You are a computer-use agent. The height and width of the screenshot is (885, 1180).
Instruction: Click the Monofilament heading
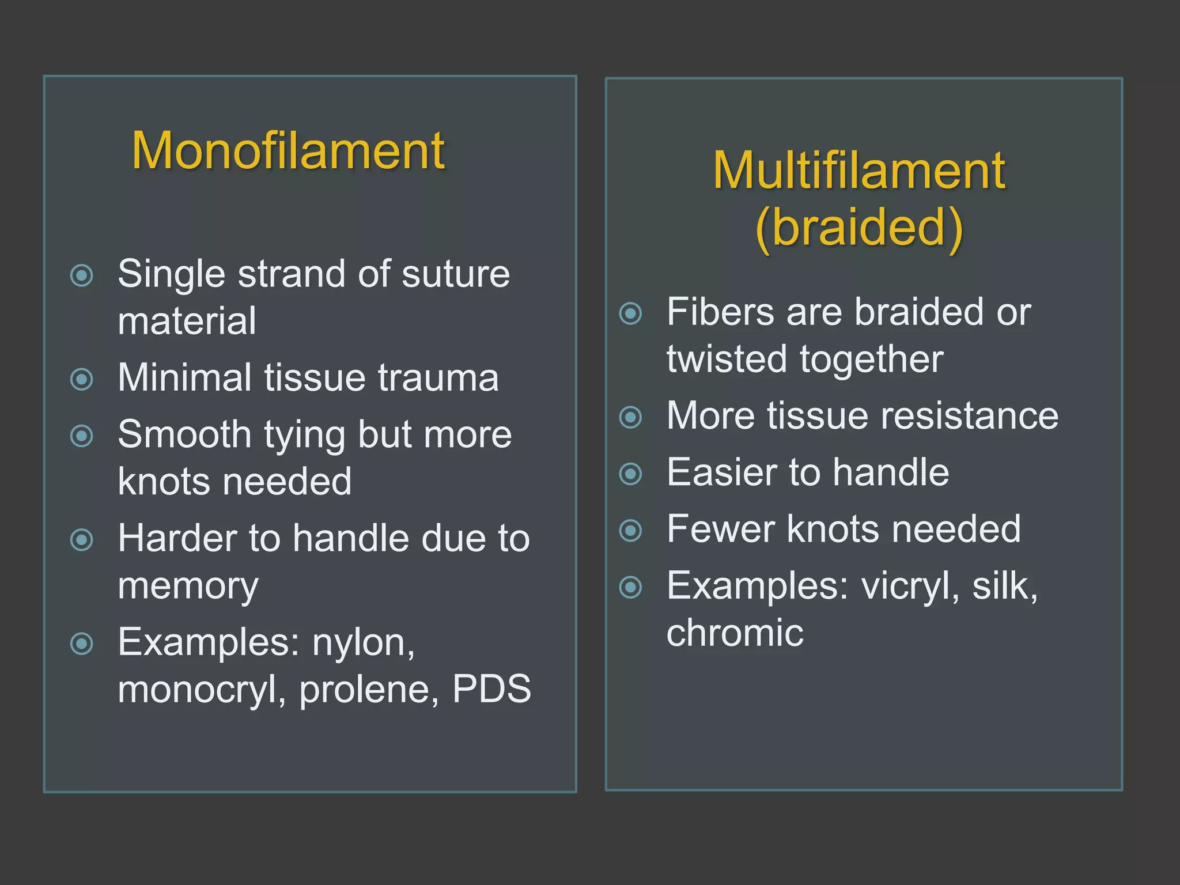[288, 151]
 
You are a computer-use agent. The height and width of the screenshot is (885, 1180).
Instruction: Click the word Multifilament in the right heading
[859, 171]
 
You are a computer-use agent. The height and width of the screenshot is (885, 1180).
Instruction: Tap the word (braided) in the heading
[859, 228]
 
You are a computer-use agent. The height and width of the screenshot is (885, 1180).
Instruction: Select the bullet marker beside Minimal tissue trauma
[81, 379]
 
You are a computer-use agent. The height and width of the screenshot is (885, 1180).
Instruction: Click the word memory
[188, 586]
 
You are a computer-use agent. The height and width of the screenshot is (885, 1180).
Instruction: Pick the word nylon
[363, 642]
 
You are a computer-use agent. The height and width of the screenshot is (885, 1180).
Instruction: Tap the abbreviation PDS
[491, 689]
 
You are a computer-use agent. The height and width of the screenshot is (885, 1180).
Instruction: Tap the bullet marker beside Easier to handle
[630, 474]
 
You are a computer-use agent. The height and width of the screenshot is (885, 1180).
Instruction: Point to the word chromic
[735, 633]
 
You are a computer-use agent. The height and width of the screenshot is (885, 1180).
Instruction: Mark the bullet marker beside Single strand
[81, 275]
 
